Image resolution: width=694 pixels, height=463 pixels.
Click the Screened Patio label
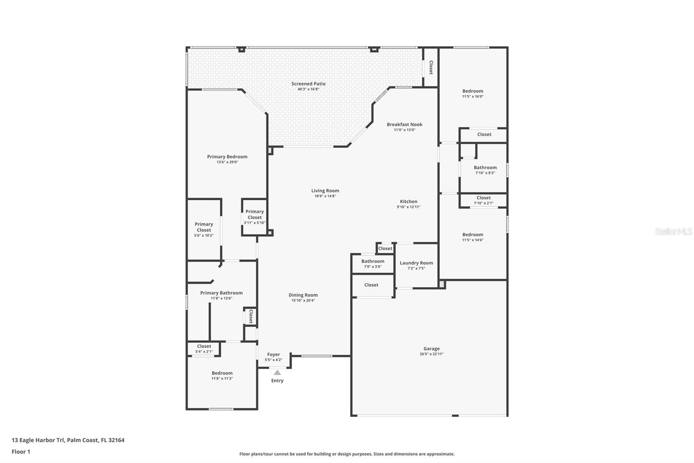click(308, 84)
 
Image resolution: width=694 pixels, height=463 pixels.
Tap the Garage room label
click(432, 348)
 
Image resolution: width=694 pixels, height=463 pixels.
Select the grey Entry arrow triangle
click(277, 372)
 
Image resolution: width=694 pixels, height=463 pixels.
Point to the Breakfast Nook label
click(404, 125)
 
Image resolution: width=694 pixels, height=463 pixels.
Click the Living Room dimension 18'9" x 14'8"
click(325, 196)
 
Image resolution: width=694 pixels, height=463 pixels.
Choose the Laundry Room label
click(416, 263)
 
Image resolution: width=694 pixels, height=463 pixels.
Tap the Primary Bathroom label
click(221, 293)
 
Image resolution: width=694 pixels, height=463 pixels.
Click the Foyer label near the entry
click(274, 354)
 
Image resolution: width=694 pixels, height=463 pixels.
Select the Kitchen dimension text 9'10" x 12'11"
click(409, 207)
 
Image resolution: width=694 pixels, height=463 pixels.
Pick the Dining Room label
click(303, 295)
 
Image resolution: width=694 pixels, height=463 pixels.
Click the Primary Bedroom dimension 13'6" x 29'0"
click(227, 162)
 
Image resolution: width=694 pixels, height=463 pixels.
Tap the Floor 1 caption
click(21, 452)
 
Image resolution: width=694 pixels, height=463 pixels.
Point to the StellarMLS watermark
click(674, 231)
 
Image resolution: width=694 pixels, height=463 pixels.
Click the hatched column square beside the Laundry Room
click(442, 284)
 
